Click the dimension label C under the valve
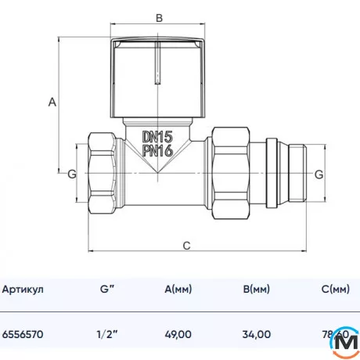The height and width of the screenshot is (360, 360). tap(186, 245)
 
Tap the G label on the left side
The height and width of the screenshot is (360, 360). tap(71, 173)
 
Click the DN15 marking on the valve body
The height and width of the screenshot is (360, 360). tap(158, 136)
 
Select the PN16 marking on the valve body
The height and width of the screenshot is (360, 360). tap(158, 151)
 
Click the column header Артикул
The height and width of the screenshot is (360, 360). tap(24, 290)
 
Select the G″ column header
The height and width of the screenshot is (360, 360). tap(108, 290)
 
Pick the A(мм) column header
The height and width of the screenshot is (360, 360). tap(180, 290)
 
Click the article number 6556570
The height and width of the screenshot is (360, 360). tap(24, 333)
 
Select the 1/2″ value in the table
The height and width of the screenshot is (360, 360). tap(108, 333)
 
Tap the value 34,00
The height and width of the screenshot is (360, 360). tap(257, 333)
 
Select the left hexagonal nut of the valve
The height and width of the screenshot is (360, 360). tap(103, 174)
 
